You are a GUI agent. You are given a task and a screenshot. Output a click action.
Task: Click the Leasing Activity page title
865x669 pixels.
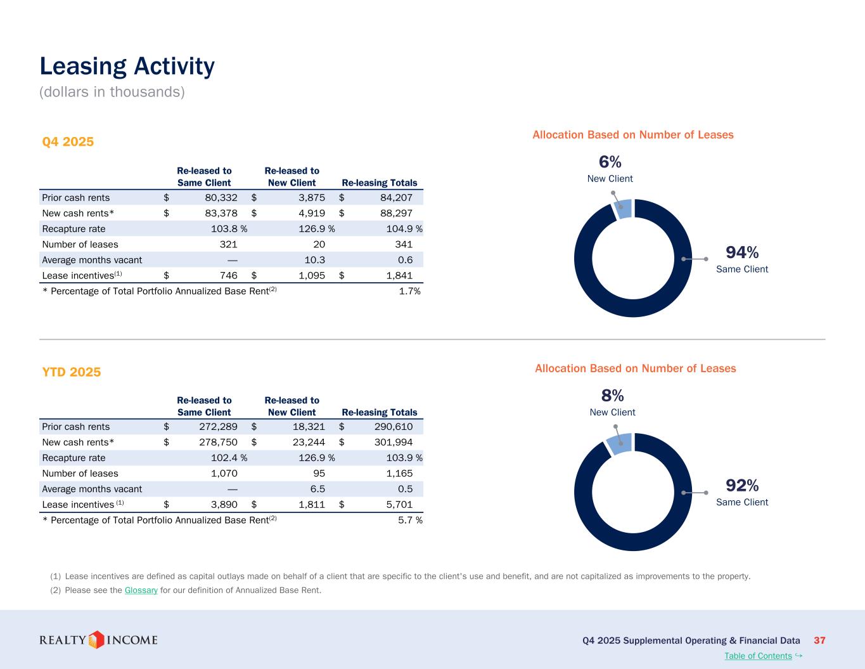[x=127, y=67]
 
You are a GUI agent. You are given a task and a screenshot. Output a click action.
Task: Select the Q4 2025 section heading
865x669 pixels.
[x=68, y=141]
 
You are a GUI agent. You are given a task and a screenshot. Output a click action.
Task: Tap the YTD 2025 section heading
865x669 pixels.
[x=72, y=372]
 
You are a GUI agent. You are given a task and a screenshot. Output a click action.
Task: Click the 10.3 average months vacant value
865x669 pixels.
[x=315, y=260]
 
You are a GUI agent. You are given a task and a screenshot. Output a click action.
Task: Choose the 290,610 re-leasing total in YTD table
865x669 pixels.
[x=394, y=427]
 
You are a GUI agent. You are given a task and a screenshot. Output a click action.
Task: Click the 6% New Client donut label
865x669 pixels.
[x=610, y=169]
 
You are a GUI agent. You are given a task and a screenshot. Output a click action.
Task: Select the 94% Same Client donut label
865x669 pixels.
[x=742, y=259]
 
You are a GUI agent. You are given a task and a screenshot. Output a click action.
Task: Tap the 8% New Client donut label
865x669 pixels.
[x=612, y=403]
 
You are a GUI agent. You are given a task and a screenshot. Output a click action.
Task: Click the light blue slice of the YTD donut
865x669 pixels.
[x=620, y=443]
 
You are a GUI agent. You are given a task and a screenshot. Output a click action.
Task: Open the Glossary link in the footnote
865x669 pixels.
[x=141, y=590]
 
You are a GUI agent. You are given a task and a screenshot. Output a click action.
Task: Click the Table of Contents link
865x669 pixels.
[x=758, y=656]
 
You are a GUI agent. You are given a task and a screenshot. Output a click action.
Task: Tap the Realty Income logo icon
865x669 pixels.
[x=96, y=640]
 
